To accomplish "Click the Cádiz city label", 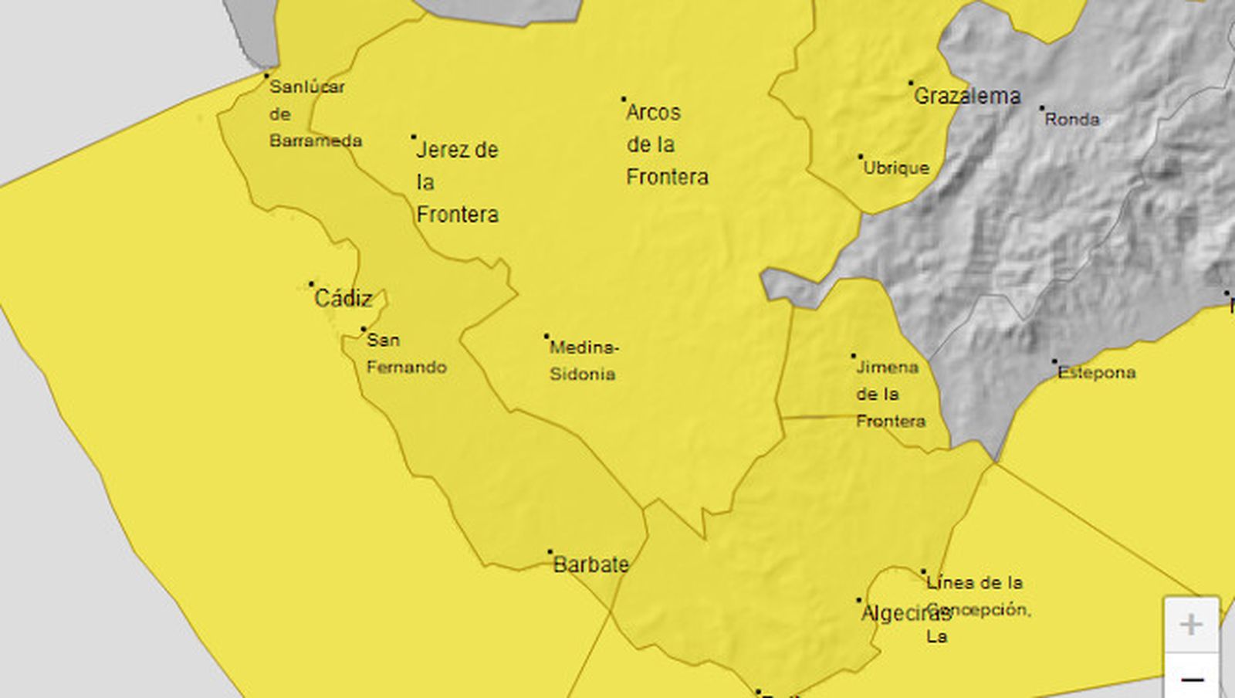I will [x=343, y=298].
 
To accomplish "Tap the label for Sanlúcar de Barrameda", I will [x=315, y=114].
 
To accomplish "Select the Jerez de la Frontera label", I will [x=457, y=181].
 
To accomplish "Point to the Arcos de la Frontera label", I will [x=666, y=144].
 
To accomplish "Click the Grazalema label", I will [x=967, y=96].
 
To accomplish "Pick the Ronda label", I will [x=1072, y=119].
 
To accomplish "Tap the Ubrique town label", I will [x=896, y=168].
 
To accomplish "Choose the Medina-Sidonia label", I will [x=584, y=361].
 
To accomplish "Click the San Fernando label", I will [x=406, y=353].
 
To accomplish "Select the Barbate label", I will [x=591, y=564].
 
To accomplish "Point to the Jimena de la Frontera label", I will [x=890, y=394].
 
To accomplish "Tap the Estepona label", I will [x=1097, y=372].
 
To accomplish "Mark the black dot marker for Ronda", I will [x=1041, y=108].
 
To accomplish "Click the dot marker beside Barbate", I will [x=550, y=552].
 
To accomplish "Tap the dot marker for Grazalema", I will [x=911, y=83].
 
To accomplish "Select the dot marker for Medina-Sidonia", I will [x=546, y=336].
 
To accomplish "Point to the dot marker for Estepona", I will [x=1054, y=361].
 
